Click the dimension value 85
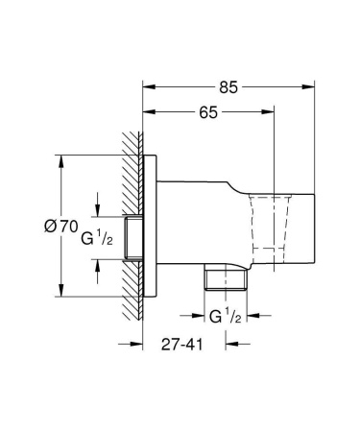[x=228, y=86]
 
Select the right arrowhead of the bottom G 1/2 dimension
[x=247, y=314]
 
